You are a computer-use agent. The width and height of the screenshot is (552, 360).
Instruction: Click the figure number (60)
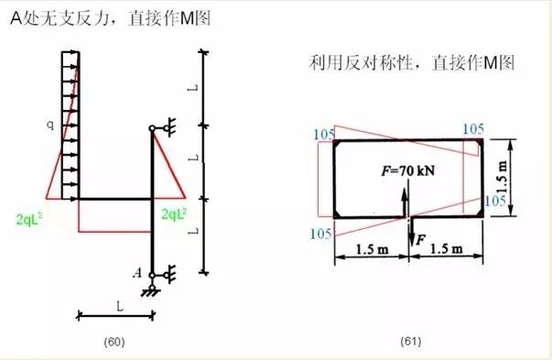click(114, 342)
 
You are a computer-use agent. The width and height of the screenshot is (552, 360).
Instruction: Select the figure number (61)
click(409, 342)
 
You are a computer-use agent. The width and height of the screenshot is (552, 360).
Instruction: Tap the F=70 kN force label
click(409, 171)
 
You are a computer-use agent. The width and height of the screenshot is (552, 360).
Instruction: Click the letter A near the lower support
click(136, 272)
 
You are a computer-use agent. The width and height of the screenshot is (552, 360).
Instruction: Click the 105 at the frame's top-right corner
click(473, 129)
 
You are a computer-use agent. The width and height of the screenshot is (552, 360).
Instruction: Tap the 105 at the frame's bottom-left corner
click(320, 234)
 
